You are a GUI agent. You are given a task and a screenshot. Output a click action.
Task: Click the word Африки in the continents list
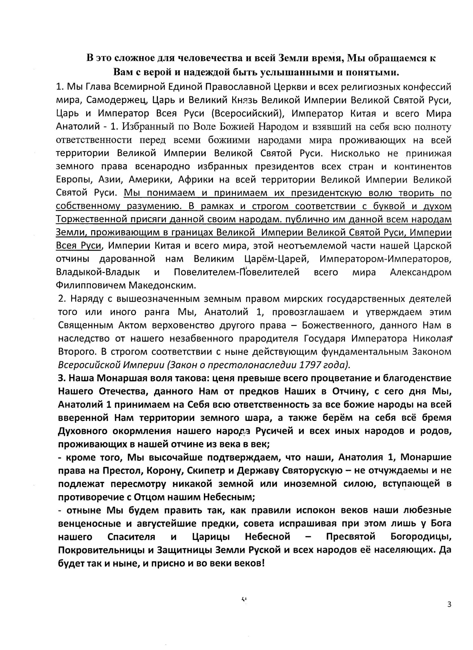tap(196, 180)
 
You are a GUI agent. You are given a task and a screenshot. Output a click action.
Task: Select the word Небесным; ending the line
tap(229, 497)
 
